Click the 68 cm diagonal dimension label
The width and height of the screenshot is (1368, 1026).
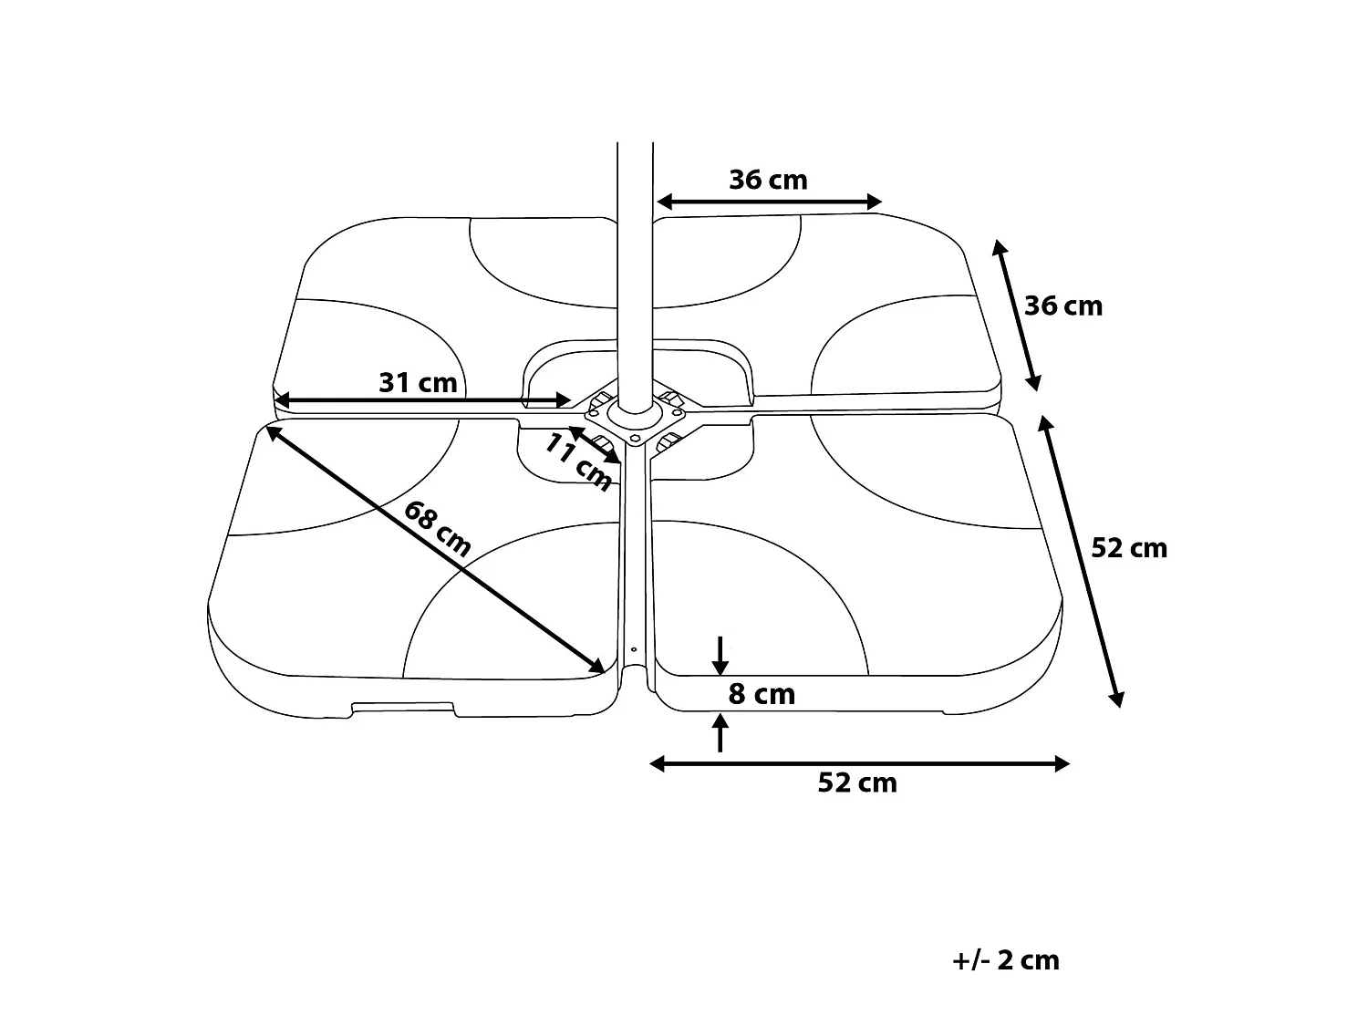(437, 529)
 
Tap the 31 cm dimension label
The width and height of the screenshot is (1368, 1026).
(418, 382)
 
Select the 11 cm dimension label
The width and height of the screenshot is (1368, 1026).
(578, 462)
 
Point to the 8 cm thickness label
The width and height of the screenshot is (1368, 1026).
(762, 694)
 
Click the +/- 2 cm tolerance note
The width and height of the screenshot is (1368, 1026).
(1005, 960)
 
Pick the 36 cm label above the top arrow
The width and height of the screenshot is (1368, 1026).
(769, 180)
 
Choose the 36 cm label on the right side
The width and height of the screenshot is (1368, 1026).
(1063, 306)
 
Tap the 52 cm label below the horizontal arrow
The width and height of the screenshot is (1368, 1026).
(857, 782)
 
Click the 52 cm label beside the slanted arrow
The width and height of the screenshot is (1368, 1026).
(1129, 548)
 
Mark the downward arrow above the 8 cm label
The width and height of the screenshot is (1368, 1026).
(720, 656)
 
